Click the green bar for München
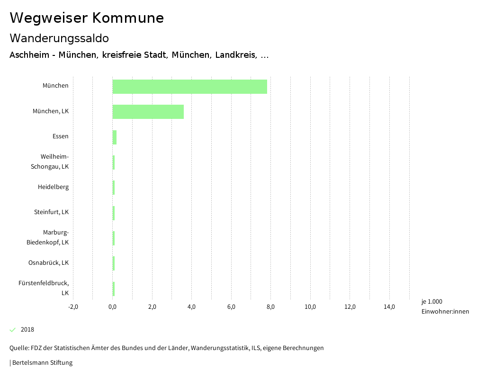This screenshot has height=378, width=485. [189, 87]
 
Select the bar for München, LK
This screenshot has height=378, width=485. [148, 112]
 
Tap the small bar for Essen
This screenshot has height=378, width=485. [115, 137]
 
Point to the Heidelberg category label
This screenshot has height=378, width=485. [53, 187]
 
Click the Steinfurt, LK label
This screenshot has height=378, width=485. [51, 212]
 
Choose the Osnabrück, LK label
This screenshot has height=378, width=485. [48, 263]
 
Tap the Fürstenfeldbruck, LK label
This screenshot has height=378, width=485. [44, 288]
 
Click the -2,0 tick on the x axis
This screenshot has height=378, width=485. [73, 307]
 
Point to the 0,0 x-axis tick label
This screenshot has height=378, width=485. [113, 307]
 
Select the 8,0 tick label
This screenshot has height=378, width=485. [271, 307]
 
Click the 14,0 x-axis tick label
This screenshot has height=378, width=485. [389, 307]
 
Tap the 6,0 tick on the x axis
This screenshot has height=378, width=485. [231, 307]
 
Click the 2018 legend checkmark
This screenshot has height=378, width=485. [13, 330]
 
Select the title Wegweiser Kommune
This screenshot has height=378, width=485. [87, 18]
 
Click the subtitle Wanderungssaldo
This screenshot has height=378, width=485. [59, 38]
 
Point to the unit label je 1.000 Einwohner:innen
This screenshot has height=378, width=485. [445, 306]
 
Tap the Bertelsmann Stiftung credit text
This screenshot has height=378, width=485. [42, 363]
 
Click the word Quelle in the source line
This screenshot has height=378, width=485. [18, 348]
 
